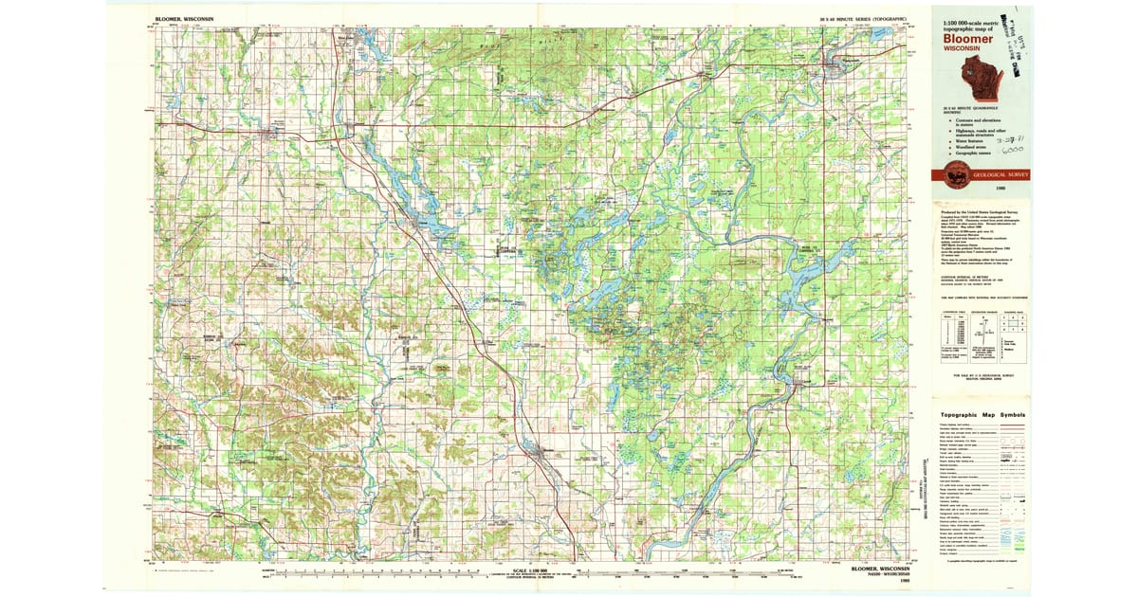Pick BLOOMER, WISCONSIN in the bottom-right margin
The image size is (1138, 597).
(x=878, y=568)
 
